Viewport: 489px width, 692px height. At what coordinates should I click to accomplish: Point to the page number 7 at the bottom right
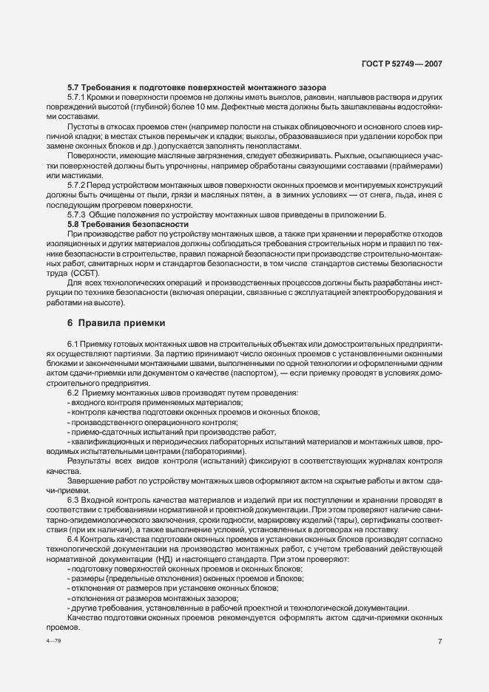[x=439, y=641]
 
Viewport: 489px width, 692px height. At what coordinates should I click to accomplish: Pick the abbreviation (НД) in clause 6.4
[x=175, y=560]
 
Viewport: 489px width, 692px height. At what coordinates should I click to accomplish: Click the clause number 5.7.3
[x=78, y=214]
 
